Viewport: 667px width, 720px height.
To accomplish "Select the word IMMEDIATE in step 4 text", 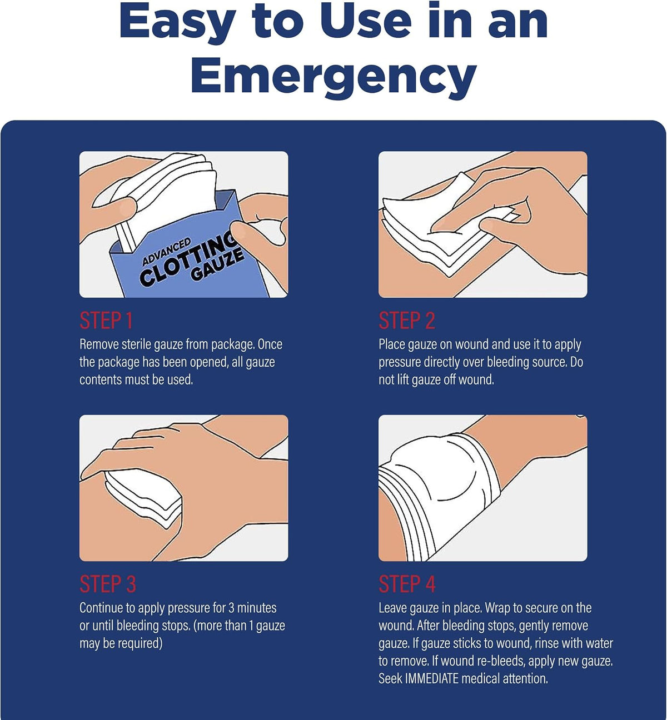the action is click(x=431, y=678).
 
